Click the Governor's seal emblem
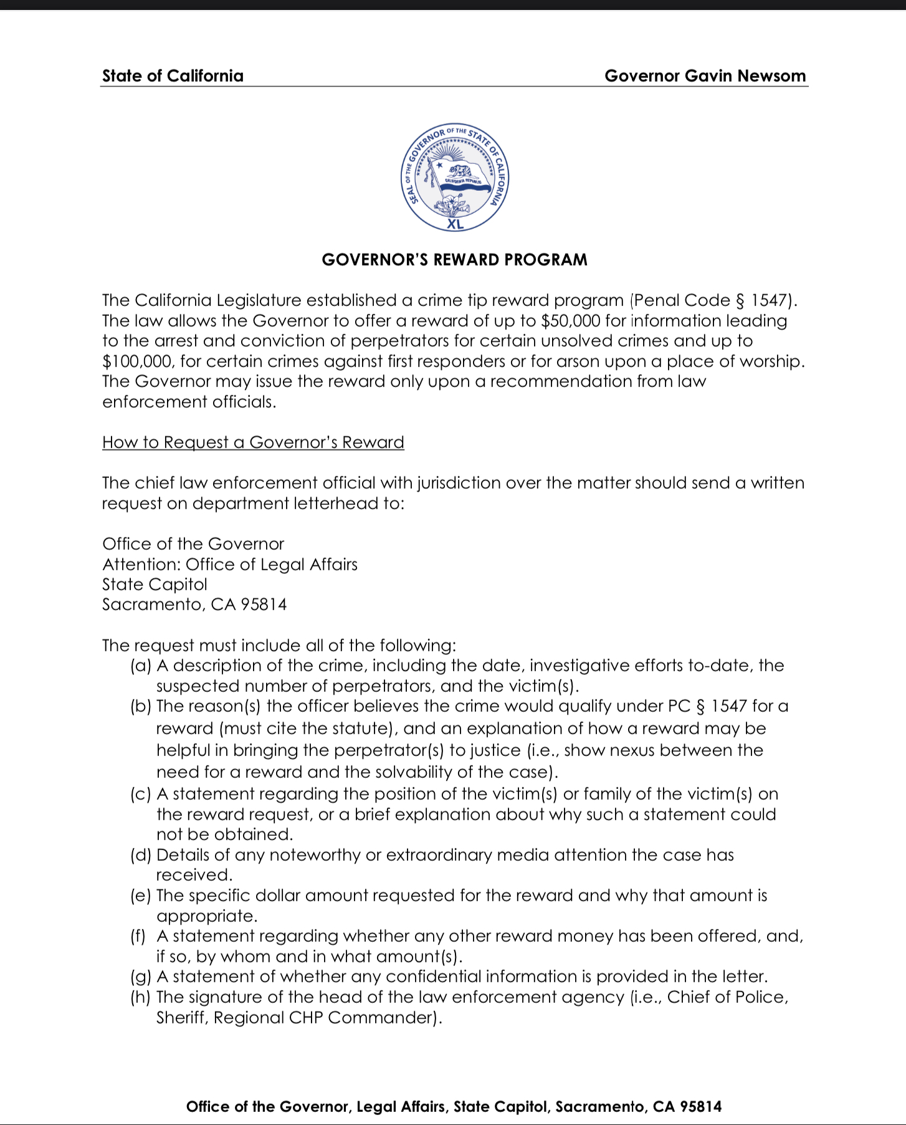(x=455, y=177)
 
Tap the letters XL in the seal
(x=455, y=224)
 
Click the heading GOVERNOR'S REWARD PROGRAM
(x=454, y=260)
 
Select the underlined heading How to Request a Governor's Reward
(x=253, y=443)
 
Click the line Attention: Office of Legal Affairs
(x=230, y=565)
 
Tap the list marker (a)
(x=141, y=666)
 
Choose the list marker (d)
(x=141, y=855)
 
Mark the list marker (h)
(x=141, y=997)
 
